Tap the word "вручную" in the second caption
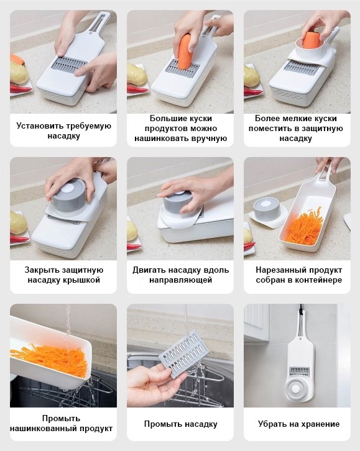pyautogui.click(x=210, y=139)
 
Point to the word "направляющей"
pyautogui.click(x=180, y=280)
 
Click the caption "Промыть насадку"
pyautogui.click(x=180, y=424)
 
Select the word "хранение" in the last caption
pyautogui.click(x=321, y=424)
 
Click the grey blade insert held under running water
pyautogui.click(x=184, y=354)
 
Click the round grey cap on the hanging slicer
pyautogui.click(x=296, y=389)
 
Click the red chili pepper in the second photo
pyautogui.click(x=138, y=89)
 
